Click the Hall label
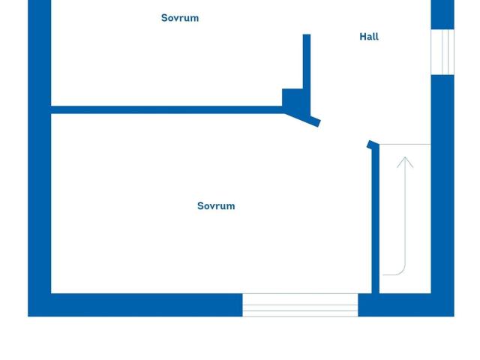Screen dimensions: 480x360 [369, 37]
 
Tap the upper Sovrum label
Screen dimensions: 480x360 [180, 18]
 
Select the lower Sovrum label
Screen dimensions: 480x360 [216, 206]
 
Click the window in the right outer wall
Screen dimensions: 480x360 [442, 52]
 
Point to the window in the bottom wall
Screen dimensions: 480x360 [300, 305]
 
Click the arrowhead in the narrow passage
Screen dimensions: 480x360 [405, 162]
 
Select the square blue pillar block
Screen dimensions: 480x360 [292, 98]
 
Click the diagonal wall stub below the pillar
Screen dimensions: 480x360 [303, 118]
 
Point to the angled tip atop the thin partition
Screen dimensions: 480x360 [373, 145]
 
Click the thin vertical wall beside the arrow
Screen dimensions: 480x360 [376, 219]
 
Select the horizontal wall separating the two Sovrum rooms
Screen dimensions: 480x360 [166, 109]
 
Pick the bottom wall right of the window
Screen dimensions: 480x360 [406, 305]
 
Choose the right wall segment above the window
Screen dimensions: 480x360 [442, 15]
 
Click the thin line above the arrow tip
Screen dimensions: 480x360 [405, 144]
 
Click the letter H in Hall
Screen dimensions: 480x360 [363, 37]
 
